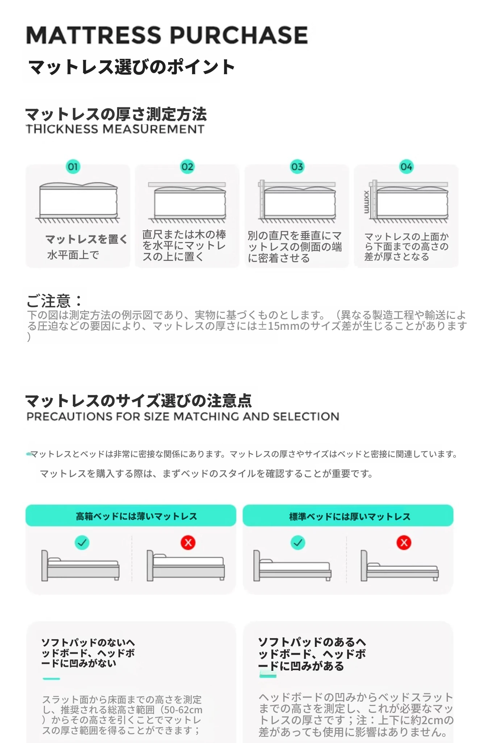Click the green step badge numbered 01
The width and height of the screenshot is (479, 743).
[x=73, y=167]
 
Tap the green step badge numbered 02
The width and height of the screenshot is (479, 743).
[x=187, y=167]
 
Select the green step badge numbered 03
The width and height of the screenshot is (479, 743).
[x=297, y=167]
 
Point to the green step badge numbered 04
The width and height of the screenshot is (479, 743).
[x=406, y=167]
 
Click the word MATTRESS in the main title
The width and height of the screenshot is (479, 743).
[x=93, y=35]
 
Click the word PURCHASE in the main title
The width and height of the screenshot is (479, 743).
[x=239, y=35]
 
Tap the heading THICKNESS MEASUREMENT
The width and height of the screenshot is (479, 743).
[x=115, y=129]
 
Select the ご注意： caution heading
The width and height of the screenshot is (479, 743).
[x=54, y=301]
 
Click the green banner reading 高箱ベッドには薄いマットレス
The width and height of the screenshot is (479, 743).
[x=131, y=516]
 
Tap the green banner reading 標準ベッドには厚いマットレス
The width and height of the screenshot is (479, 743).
[x=348, y=516]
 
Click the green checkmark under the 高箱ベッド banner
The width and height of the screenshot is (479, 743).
[x=82, y=543]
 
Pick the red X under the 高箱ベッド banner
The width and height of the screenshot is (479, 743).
[x=188, y=543]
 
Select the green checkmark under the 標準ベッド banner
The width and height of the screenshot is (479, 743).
[x=298, y=543]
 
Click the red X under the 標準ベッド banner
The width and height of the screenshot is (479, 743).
[x=404, y=543]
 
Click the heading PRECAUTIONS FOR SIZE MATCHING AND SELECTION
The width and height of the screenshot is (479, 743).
[x=183, y=416]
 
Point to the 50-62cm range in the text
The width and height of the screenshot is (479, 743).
[x=183, y=710]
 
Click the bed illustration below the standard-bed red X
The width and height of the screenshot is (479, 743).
[x=400, y=566]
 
